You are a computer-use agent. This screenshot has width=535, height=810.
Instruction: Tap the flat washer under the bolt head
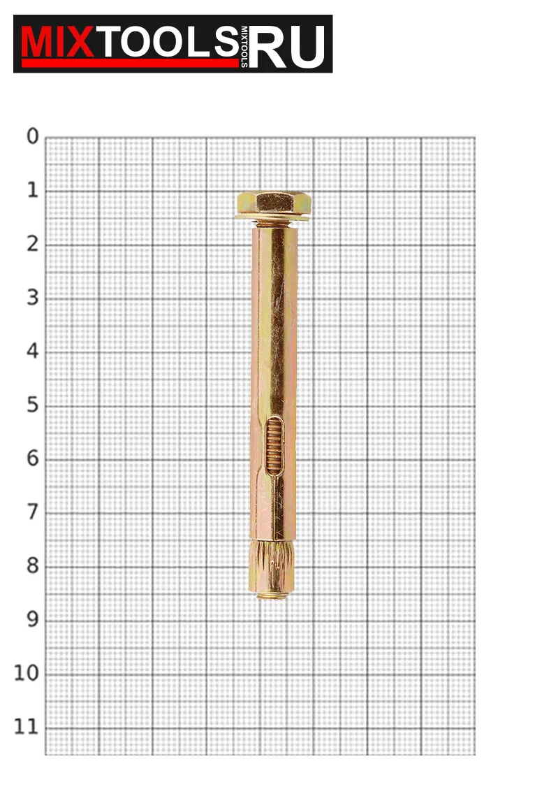coord(272,217)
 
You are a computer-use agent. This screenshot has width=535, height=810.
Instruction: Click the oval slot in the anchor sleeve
coord(274,447)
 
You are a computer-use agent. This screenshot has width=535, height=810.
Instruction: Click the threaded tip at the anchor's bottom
coord(272,595)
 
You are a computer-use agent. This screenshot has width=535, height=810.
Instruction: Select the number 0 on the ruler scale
coord(33,136)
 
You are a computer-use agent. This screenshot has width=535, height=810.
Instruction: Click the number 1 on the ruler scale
coord(33,190)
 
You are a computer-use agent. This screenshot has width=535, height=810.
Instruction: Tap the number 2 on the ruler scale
coord(33,244)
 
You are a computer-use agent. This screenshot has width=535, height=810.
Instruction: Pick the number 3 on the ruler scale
coord(33,298)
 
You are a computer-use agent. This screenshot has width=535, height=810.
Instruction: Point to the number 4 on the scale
coord(33,352)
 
